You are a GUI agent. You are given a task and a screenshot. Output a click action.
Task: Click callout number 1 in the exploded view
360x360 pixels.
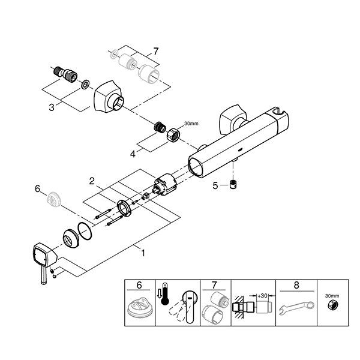coord(143,253)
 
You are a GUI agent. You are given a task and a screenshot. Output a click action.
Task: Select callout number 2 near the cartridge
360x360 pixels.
coord(92,181)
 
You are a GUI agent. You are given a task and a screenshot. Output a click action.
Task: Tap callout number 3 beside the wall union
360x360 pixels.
coord(52,107)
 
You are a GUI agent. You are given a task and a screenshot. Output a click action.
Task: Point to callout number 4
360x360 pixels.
coord(133,154)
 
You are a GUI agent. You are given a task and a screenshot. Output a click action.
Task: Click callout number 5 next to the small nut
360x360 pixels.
coord(215,185)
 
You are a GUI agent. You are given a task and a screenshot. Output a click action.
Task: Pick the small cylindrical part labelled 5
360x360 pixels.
coord(233,184)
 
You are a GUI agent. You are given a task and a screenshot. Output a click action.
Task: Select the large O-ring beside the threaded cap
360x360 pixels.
coord(85,231)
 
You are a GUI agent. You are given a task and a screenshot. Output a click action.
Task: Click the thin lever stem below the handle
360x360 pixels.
coord(43,275)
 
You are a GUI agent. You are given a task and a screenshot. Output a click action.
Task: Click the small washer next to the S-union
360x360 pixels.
coord(85,84)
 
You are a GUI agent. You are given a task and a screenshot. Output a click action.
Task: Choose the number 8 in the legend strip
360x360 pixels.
coord(296,286)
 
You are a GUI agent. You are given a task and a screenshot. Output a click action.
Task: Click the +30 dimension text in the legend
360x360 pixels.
coord(262,296)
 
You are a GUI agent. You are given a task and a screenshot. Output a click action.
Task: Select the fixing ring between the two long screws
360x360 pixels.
coord(125,208)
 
